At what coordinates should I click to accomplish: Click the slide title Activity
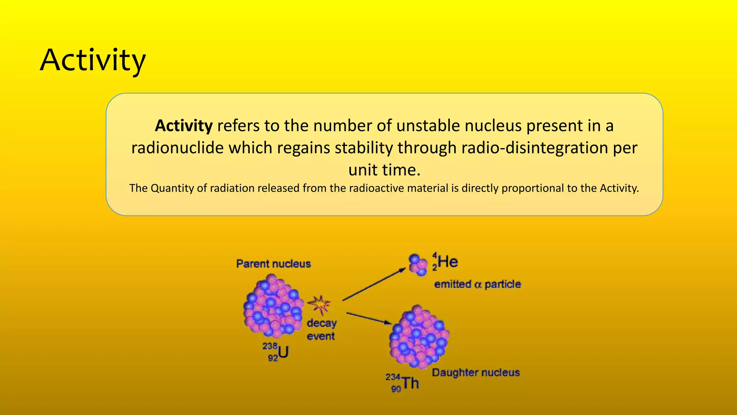pyautogui.click(x=93, y=61)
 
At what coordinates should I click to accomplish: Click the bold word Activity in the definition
pyautogui.click(x=184, y=126)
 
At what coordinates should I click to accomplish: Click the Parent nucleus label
pyautogui.click(x=273, y=264)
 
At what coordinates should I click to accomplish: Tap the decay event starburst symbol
pyautogui.click(x=319, y=305)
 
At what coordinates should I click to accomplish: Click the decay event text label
pyautogui.click(x=321, y=330)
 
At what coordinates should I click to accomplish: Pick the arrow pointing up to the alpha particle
pyautogui.click(x=374, y=285)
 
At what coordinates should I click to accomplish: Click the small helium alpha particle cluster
pyautogui.click(x=418, y=264)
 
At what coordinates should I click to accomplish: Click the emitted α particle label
pyautogui.click(x=478, y=285)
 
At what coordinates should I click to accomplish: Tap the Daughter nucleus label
pyautogui.click(x=476, y=372)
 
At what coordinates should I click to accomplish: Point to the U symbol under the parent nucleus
pyautogui.click(x=283, y=352)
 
